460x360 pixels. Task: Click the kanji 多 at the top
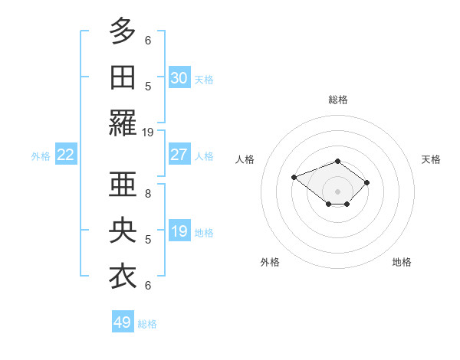point(123,33)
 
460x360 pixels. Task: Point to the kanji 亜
point(123,185)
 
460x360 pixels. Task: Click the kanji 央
point(123,230)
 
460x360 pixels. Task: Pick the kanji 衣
point(123,275)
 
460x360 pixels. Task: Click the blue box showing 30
point(179,77)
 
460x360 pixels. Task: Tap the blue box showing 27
point(179,155)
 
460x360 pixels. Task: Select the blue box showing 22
point(66,155)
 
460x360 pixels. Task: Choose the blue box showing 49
point(123,322)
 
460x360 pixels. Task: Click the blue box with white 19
point(179,231)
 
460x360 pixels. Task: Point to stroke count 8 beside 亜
point(148,194)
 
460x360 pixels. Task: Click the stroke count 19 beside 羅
point(148,132)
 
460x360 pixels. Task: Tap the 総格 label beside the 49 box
point(147,324)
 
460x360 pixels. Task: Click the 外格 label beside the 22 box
point(41,156)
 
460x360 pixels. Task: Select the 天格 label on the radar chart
point(431,159)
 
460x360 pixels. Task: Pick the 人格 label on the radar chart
point(245,159)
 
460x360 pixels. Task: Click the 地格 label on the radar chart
point(402,262)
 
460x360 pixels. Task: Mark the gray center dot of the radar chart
point(337,191)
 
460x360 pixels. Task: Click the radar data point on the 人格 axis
point(294,177)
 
